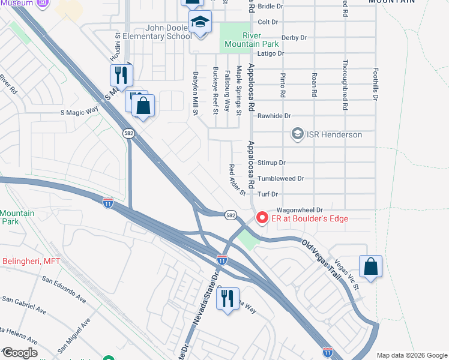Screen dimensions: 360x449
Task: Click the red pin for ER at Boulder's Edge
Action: click(262, 218)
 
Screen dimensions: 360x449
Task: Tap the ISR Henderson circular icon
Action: click(297, 134)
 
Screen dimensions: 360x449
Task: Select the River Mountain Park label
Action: click(252, 40)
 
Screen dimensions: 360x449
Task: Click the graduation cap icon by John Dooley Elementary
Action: click(200, 24)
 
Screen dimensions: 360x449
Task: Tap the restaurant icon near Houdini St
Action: click(121, 75)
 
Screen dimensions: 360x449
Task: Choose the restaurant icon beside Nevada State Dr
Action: click(228, 298)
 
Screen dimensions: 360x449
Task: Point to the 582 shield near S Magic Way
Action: click(128, 134)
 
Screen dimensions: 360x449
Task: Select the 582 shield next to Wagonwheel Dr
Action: click(231, 214)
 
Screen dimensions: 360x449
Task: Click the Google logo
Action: click(19, 353)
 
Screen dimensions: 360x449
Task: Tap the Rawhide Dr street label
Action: click(274, 116)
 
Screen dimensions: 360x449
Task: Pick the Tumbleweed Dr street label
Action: click(280, 178)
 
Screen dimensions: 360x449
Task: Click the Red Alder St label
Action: click(237, 180)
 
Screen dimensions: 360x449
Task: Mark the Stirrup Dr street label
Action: click(271, 163)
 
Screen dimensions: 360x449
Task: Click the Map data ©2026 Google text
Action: click(411, 355)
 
